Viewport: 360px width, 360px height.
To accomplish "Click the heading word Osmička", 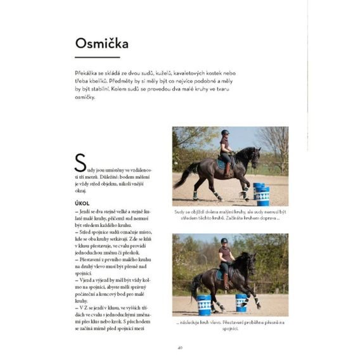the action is pos(101,44).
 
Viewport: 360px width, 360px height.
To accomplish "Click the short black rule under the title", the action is pos(97,58).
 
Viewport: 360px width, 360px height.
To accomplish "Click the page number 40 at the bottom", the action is pos(180,346).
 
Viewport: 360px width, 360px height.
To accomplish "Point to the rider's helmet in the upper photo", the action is pos(225,132).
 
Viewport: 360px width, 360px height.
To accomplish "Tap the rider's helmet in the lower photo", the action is pos(224,241).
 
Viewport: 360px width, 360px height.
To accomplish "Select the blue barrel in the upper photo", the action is pos(261,193).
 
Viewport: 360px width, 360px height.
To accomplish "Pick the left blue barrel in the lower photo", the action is pos(204,304).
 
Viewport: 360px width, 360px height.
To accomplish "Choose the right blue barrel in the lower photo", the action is pos(241,302).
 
